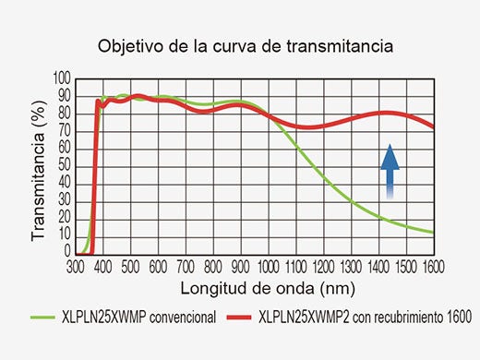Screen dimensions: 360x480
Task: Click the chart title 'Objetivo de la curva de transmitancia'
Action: pos(239,45)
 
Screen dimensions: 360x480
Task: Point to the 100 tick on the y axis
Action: pos(62,78)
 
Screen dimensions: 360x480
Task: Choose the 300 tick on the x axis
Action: pos(76,266)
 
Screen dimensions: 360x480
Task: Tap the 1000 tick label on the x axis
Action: pos(270,266)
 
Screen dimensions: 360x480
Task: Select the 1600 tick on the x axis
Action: pos(434,266)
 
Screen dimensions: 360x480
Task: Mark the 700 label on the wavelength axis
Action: pos(186,266)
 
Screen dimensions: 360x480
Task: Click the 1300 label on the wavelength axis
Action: pos(352,266)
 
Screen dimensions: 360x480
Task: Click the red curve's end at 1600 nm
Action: pos(433,127)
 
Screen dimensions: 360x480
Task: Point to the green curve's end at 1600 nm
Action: pos(433,233)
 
